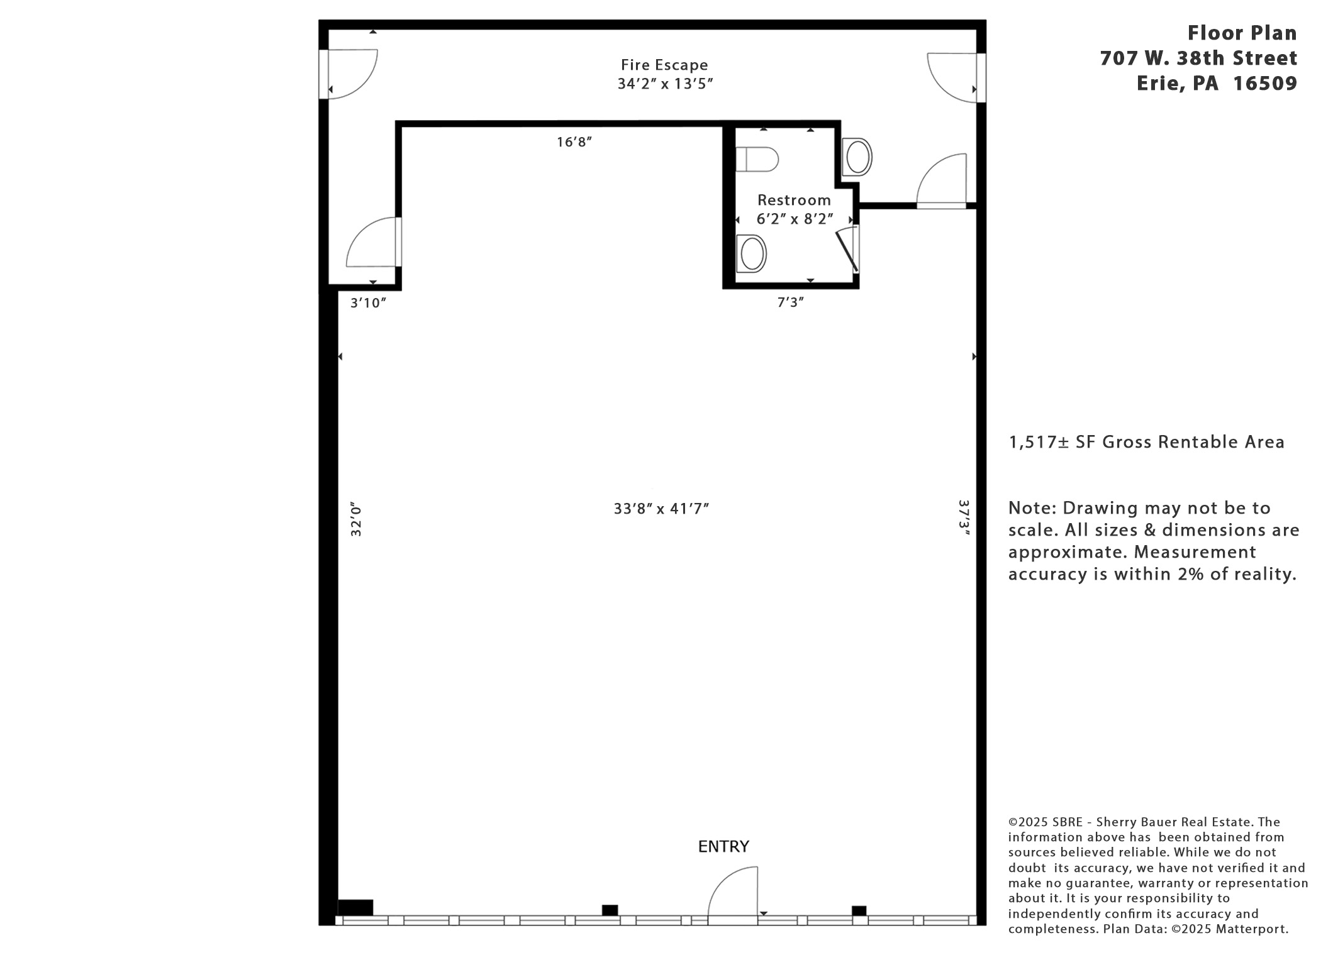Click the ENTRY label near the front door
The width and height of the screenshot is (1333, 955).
click(723, 846)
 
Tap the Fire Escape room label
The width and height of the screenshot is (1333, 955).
click(664, 65)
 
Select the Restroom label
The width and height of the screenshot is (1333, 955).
click(794, 200)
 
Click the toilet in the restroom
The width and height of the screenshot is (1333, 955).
click(757, 159)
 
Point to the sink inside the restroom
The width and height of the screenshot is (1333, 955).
click(751, 254)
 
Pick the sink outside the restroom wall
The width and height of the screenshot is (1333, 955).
click(857, 157)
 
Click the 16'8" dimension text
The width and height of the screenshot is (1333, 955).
click(574, 142)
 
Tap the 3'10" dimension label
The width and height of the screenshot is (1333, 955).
click(368, 303)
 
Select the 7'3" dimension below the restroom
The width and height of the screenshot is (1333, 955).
click(791, 302)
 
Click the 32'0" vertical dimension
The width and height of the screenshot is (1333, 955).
click(356, 519)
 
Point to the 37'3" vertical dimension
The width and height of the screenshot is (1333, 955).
click(964, 517)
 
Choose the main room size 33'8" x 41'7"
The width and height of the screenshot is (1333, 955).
click(661, 508)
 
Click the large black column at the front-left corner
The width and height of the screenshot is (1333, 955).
click(355, 907)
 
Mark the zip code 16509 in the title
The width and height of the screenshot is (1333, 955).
click(1264, 83)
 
